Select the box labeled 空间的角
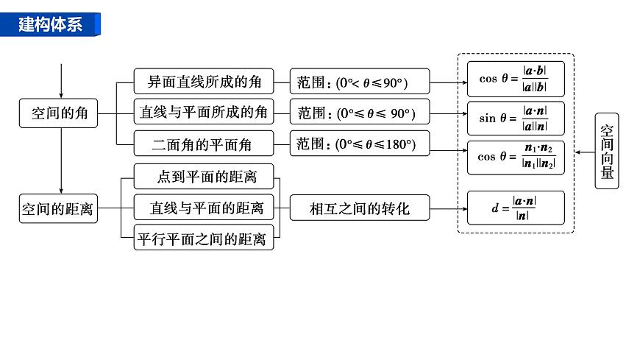59,113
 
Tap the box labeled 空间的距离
58,208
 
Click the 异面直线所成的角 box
204,81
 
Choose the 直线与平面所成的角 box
204,113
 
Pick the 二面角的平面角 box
203,144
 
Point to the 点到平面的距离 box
204,177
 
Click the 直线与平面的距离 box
204,208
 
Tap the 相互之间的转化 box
360,208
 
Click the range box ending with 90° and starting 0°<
360,82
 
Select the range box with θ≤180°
360,144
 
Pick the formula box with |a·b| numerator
516,79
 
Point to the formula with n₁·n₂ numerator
516,157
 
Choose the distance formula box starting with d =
516,208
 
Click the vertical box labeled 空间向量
606,151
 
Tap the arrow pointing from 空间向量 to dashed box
585,152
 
